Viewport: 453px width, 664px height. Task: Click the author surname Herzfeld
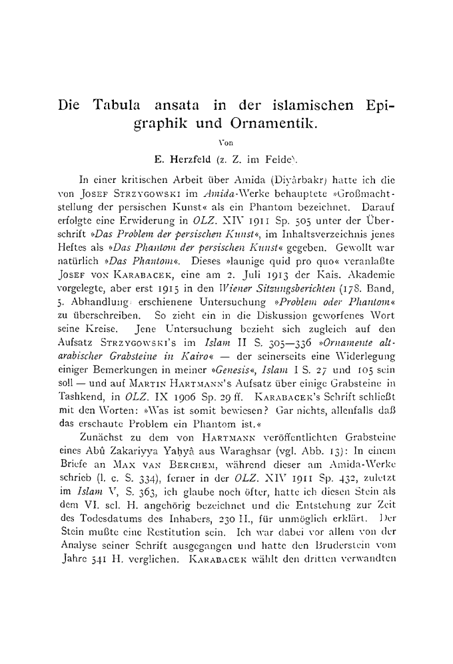click(203, 159)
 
